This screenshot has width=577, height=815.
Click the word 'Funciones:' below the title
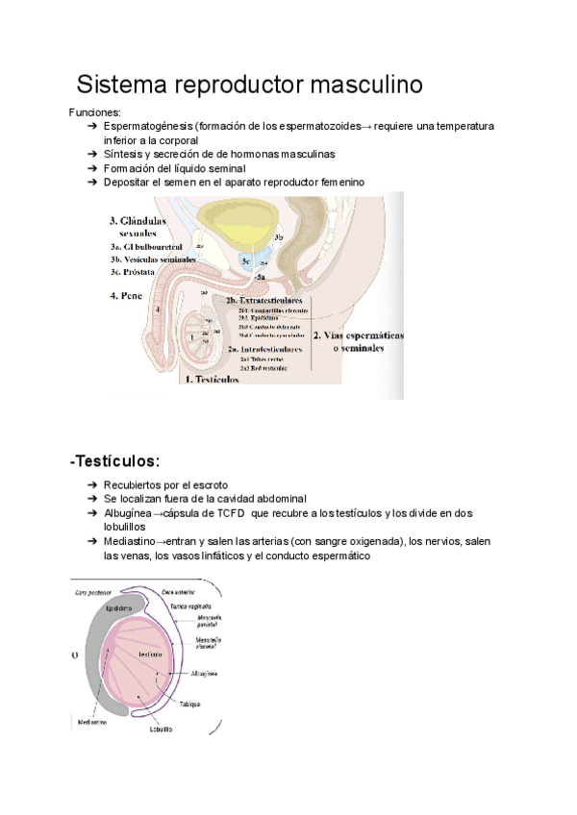[x=94, y=112]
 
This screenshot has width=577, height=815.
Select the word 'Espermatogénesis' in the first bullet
[x=147, y=126]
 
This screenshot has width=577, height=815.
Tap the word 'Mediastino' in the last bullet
[x=129, y=541]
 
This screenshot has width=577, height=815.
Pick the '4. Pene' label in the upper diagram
[x=127, y=295]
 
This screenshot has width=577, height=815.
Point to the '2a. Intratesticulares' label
[x=264, y=349]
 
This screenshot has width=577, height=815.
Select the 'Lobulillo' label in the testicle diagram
[x=160, y=729]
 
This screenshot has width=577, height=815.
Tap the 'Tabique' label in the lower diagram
[x=191, y=704]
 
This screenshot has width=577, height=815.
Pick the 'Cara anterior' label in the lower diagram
[x=180, y=592]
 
